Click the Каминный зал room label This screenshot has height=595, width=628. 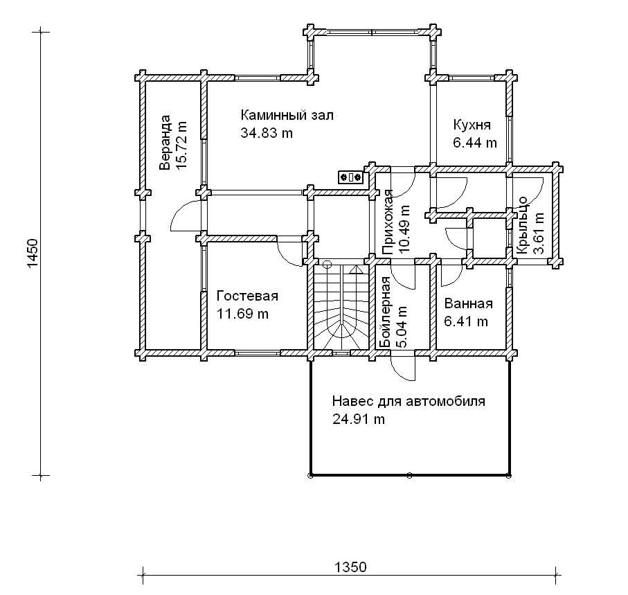[x=287, y=116]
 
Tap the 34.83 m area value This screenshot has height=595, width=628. [x=267, y=132]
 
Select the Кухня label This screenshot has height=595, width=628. [x=472, y=125]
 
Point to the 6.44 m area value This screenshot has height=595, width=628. [x=474, y=143]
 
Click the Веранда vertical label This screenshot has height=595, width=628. [x=165, y=143]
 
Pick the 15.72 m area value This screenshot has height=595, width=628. [x=181, y=145]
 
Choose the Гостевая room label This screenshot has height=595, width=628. [x=247, y=296]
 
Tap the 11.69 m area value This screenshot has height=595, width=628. [x=242, y=314]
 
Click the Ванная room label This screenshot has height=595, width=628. [x=469, y=303]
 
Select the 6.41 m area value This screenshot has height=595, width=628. [x=466, y=321]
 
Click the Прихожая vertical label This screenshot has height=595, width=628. [x=388, y=223]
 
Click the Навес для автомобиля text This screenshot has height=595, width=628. [x=409, y=402]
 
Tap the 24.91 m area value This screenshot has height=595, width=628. [x=359, y=419]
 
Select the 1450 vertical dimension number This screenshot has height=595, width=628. [x=33, y=254]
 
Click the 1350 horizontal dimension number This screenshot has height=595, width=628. [x=350, y=567]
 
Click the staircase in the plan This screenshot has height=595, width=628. [x=341, y=307]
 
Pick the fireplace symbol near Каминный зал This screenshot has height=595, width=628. [x=351, y=177]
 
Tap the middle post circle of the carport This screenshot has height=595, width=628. [x=409, y=476]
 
